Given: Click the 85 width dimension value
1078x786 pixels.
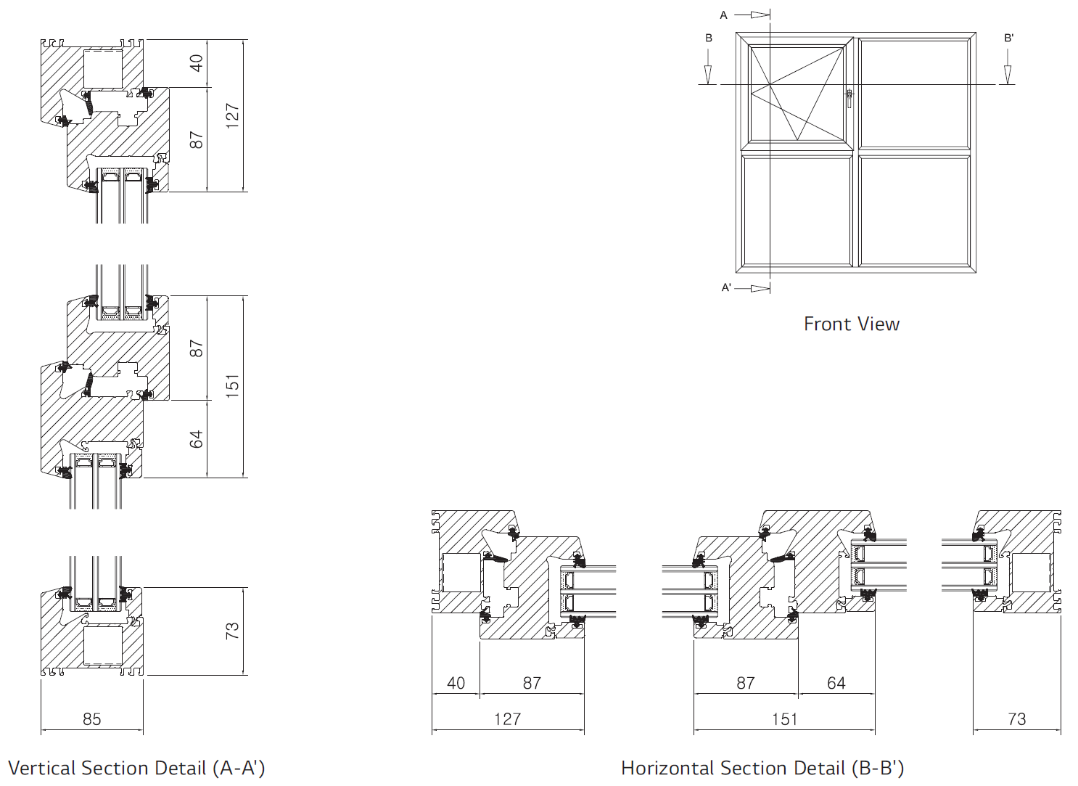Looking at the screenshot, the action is pyautogui.click(x=92, y=719).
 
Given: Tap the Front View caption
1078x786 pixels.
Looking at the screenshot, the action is pyautogui.click(x=852, y=324).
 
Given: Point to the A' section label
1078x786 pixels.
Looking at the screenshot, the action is pyautogui.click(x=726, y=288).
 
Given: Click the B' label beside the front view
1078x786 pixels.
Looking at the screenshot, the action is pyautogui.click(x=1009, y=38).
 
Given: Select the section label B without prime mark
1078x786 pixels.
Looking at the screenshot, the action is pyautogui.click(x=709, y=38).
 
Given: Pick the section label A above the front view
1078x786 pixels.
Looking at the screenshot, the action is pyautogui.click(x=723, y=15).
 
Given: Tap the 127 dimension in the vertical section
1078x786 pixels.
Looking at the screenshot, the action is pyautogui.click(x=232, y=115).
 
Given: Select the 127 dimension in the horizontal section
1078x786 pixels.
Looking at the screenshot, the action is pyautogui.click(x=507, y=719).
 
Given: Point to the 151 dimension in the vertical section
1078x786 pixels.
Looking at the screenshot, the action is pyautogui.click(x=232, y=385).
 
